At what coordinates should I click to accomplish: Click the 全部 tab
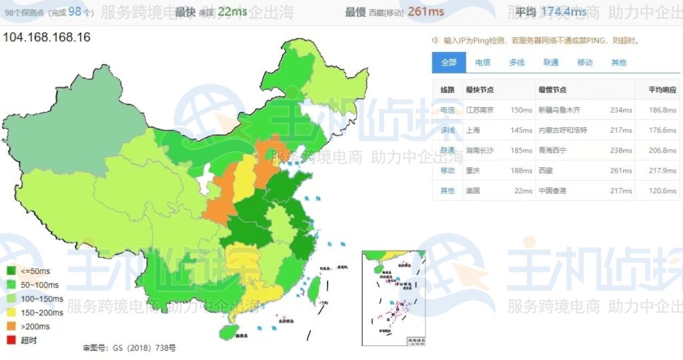pyautogui.click(x=448, y=63)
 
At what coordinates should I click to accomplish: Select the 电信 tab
pyautogui.click(x=482, y=63)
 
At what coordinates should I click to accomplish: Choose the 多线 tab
pyautogui.click(x=516, y=63)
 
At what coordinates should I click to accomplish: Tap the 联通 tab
pyautogui.click(x=550, y=63)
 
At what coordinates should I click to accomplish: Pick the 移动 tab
pyautogui.click(x=584, y=63)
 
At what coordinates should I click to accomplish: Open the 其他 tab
pyautogui.click(x=618, y=63)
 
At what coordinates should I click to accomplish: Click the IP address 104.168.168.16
pyautogui.click(x=47, y=37)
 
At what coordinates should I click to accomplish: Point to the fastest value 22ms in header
pyautogui.click(x=232, y=12)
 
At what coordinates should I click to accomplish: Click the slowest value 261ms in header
pyautogui.click(x=426, y=12)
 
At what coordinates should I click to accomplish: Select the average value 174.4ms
pyautogui.click(x=564, y=12)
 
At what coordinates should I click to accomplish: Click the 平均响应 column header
pyautogui.click(x=662, y=90)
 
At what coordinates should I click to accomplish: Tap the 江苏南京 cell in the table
pyautogui.click(x=479, y=110)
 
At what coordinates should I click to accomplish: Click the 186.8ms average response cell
pyautogui.click(x=662, y=110)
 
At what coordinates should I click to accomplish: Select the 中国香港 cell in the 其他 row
pyautogui.click(x=552, y=191)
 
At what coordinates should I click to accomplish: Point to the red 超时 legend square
pyautogui.click(x=11, y=341)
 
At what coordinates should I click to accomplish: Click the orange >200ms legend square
pyautogui.click(x=11, y=327)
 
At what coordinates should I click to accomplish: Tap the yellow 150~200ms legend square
pyautogui.click(x=11, y=313)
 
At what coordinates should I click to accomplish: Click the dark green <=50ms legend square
pyautogui.click(x=11, y=271)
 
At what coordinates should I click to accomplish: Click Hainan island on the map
pyautogui.click(x=227, y=331)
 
